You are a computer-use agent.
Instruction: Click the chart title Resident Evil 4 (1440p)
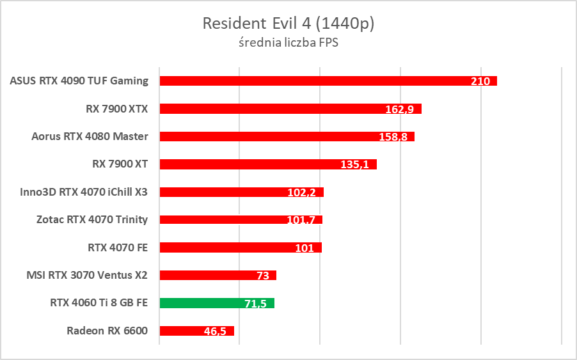pyautogui.click(x=288, y=24)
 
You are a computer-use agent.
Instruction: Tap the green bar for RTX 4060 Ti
pyautogui.click(x=217, y=303)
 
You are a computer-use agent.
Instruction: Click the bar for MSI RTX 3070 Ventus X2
pyautogui.click(x=217, y=275)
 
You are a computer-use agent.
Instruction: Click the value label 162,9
pyautogui.click(x=400, y=109)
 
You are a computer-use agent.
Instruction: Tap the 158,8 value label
pyautogui.click(x=393, y=137)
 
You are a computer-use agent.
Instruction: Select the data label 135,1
pyautogui.click(x=355, y=164)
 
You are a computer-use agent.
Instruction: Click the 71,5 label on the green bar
pyautogui.click(x=255, y=304)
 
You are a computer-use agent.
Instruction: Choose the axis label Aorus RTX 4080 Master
pyautogui.click(x=90, y=136)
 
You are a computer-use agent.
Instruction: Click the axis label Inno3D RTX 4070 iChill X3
pyautogui.click(x=84, y=192)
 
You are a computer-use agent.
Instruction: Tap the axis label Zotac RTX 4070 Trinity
pyautogui.click(x=92, y=219)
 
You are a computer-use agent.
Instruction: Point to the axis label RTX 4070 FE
pyautogui.click(x=118, y=247)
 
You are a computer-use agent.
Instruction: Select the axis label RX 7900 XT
pyautogui.click(x=120, y=164)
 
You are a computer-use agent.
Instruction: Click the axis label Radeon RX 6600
pyautogui.click(x=107, y=331)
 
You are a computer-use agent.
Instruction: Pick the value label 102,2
pyautogui.click(x=302, y=192)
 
